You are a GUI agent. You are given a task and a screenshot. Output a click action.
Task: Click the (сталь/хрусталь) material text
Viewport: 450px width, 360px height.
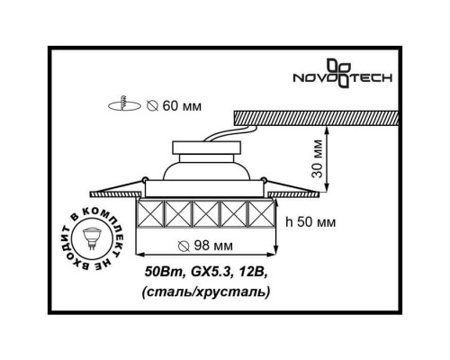[206, 292]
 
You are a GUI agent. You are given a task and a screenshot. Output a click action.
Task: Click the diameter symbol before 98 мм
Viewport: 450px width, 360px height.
[184, 246]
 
